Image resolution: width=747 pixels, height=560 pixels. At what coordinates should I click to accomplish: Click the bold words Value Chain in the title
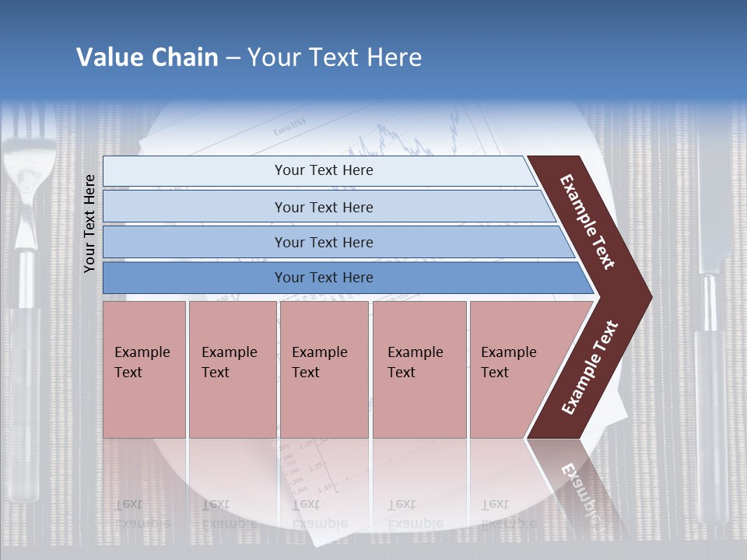pyautogui.click(x=147, y=58)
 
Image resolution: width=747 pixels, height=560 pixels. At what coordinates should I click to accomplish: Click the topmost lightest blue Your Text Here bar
pyautogui.click(x=319, y=170)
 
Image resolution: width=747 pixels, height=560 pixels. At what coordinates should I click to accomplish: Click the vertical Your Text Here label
pyautogui.click(x=89, y=223)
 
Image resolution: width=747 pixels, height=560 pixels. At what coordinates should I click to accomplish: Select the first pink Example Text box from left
pyautogui.click(x=144, y=369)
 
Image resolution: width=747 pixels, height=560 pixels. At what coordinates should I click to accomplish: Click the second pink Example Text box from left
pyautogui.click(x=232, y=369)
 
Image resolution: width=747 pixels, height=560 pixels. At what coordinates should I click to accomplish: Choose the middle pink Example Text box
pyautogui.click(x=324, y=369)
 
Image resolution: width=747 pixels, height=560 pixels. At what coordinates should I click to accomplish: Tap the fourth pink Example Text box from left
pyautogui.click(x=419, y=369)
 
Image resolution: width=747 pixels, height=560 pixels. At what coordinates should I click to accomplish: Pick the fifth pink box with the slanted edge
pyautogui.click(x=514, y=369)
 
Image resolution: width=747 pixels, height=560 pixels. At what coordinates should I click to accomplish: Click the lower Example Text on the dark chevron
pyautogui.click(x=590, y=367)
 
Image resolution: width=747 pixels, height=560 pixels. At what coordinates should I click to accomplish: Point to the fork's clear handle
pyautogui.click(x=26, y=404)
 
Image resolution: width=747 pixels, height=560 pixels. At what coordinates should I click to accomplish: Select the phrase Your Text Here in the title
pyautogui.click(x=335, y=58)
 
